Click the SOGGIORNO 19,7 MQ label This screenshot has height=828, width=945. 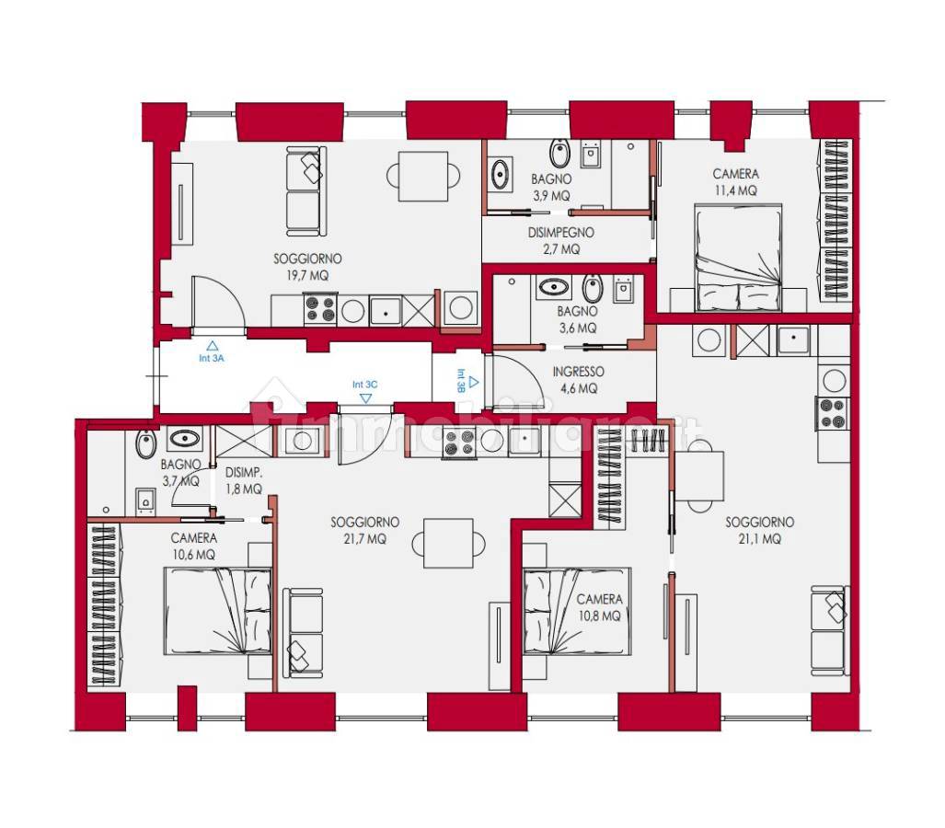point(307,267)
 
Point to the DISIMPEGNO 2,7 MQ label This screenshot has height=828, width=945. point(561,240)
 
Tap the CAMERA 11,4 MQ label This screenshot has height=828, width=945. point(736,182)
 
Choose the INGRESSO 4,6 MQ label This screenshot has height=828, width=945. point(579,380)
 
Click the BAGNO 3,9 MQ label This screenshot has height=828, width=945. point(551,188)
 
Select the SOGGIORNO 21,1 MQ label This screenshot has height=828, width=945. point(759,530)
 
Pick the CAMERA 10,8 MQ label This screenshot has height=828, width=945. point(599,607)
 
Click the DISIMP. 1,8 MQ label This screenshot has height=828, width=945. point(244,481)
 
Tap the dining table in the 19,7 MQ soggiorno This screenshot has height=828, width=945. point(423,177)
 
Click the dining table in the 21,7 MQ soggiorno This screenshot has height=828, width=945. point(448,544)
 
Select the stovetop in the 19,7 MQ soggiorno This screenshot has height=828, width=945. point(320,310)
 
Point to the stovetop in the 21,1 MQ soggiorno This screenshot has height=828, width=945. point(833,413)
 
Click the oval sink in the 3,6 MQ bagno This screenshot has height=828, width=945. point(554,287)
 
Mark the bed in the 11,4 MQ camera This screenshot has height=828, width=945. point(738,258)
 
